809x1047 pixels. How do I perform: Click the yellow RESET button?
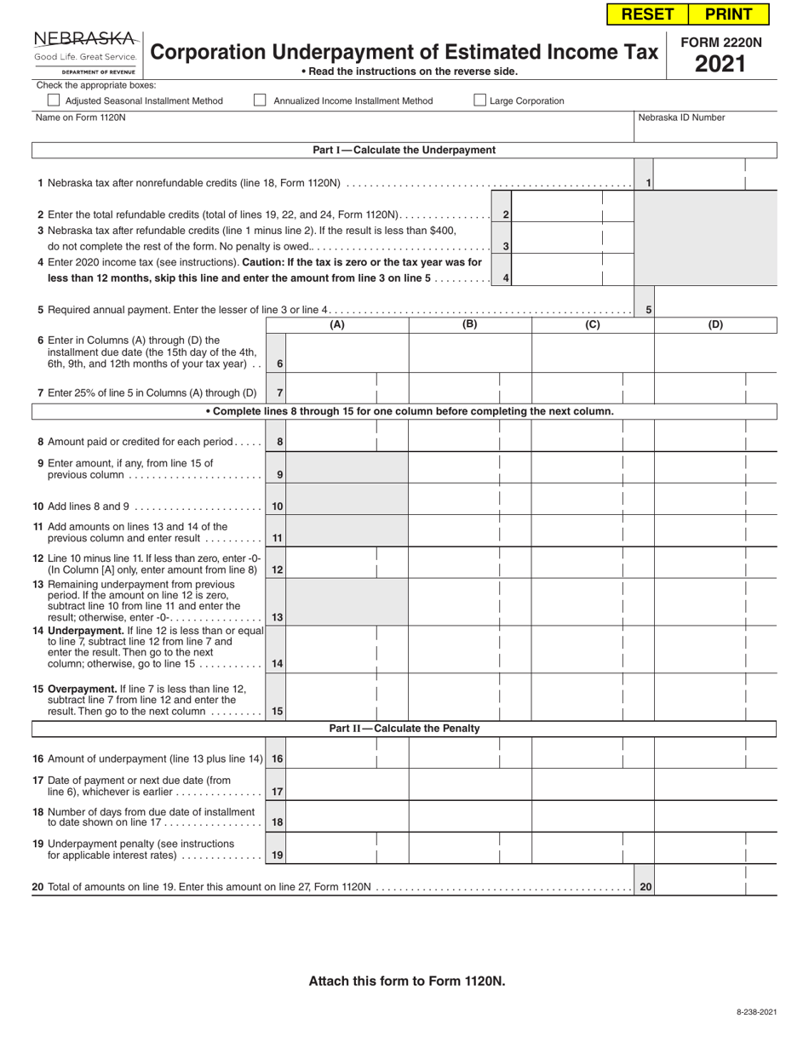click(647, 14)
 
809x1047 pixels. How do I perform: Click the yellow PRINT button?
click(728, 14)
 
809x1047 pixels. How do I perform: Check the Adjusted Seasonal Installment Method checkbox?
click(54, 100)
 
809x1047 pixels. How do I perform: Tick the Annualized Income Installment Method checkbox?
click(261, 100)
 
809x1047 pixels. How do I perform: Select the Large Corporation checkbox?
click(480, 100)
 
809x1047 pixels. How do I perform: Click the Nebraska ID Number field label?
click(681, 117)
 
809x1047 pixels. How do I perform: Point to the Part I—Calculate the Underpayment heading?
click(404, 150)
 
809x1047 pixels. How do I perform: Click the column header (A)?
click(337, 324)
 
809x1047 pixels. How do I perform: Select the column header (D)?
click(715, 324)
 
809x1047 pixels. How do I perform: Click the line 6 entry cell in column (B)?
click(470, 353)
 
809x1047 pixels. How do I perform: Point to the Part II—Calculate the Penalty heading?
click(404, 729)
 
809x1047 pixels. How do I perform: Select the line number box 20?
click(645, 887)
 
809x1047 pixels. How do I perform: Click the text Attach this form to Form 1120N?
click(406, 981)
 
